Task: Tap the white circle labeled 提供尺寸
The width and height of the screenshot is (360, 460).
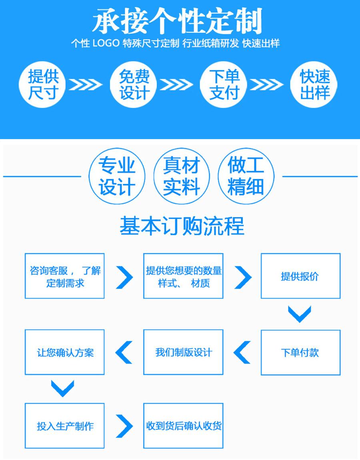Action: [x=43, y=84]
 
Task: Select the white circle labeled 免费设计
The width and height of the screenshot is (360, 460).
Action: [x=134, y=84]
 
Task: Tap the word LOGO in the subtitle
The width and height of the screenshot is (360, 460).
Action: [x=106, y=44]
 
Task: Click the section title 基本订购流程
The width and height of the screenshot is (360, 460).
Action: [x=182, y=226]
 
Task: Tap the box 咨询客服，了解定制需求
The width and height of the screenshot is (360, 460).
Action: [x=65, y=276]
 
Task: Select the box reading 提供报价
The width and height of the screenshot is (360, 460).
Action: [x=300, y=276]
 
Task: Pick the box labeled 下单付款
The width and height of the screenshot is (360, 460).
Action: [x=300, y=352]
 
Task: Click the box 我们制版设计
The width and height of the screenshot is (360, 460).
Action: [x=183, y=352]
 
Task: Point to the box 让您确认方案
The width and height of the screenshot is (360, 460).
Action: [x=65, y=352]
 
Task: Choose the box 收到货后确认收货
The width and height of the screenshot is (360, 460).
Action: [x=183, y=426]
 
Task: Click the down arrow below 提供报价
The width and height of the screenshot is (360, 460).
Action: [x=300, y=314]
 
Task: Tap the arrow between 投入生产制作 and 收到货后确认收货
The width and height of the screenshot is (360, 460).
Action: [x=124, y=426]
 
